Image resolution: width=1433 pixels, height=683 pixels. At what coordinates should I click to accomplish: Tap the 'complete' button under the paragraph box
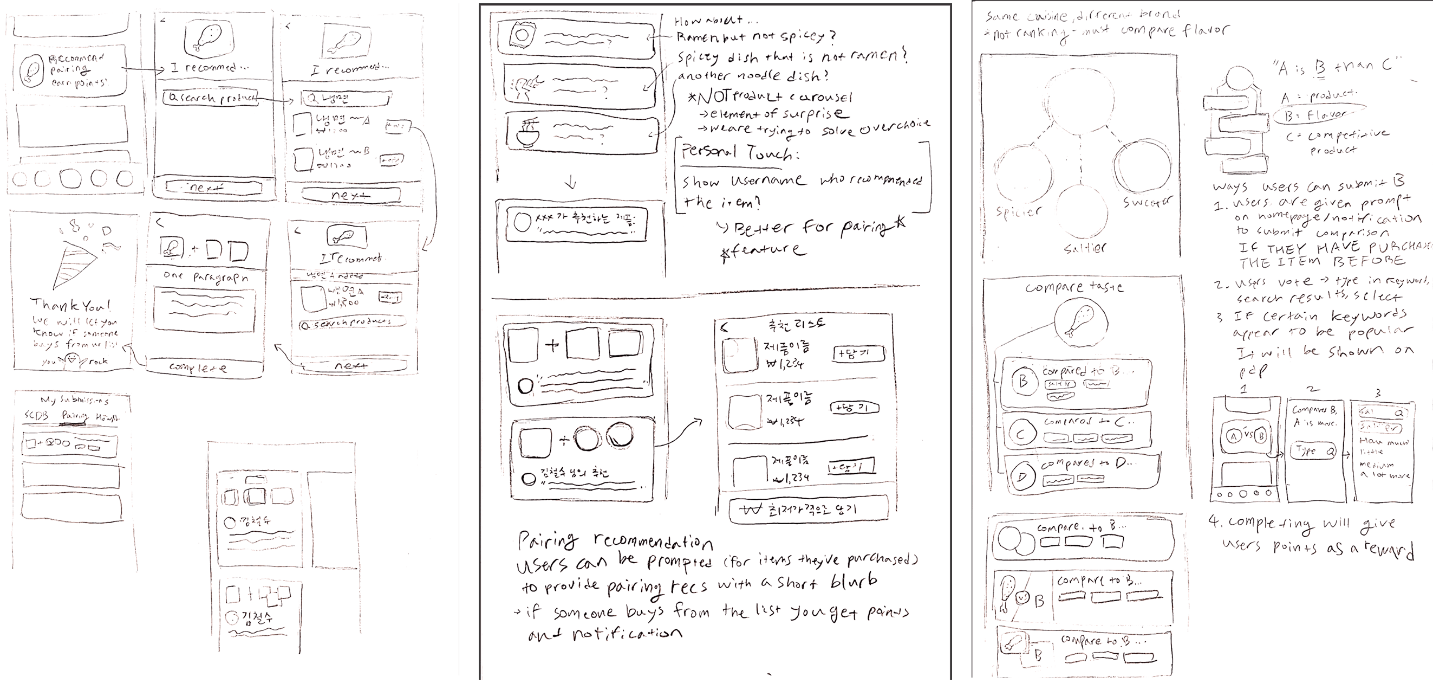point(198,368)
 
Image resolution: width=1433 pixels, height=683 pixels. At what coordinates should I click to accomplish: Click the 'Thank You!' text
point(70,305)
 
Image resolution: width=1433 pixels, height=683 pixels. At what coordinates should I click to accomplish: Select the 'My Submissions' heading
point(75,400)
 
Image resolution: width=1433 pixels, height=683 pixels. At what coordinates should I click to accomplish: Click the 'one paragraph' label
point(206,277)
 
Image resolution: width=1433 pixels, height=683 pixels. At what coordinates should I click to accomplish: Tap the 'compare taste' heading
point(1074,288)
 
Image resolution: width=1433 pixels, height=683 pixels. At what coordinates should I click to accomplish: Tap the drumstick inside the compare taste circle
point(1077,324)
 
